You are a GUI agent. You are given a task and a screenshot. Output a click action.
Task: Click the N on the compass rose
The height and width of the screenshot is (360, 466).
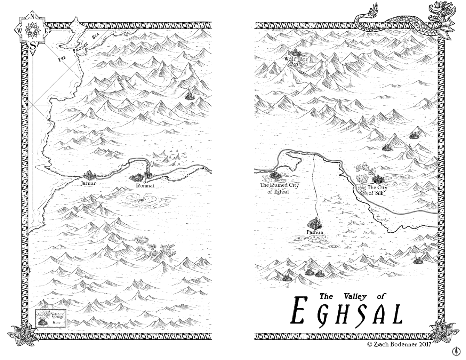pyautogui.click(x=32, y=16)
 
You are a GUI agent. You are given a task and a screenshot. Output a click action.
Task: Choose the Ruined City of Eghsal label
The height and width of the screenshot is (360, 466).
pyautogui.click(x=279, y=188)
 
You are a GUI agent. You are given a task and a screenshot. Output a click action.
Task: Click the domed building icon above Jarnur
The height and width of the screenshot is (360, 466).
pyautogui.click(x=89, y=174)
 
